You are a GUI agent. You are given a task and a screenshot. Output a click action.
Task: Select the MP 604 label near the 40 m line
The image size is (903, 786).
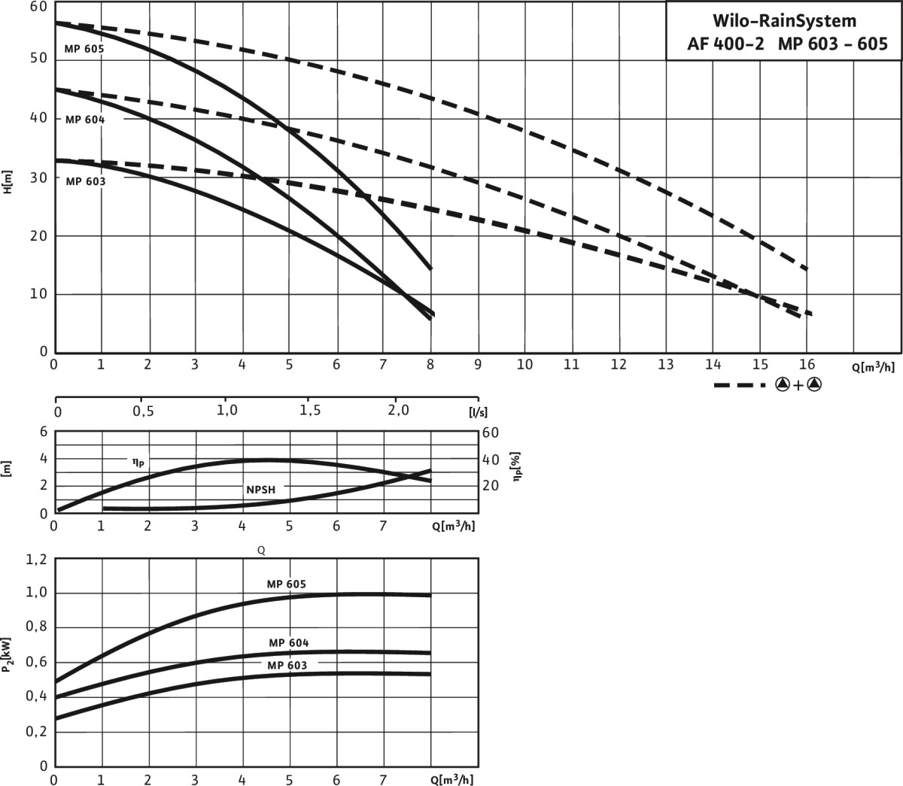click(84, 120)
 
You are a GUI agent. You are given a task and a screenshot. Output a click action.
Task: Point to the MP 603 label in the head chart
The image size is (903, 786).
click(85, 181)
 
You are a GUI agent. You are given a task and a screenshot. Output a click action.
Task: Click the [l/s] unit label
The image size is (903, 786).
click(476, 412)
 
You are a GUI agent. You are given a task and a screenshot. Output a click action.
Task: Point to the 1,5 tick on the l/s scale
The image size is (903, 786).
click(310, 411)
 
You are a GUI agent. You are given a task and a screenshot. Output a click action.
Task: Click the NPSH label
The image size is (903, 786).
click(261, 490)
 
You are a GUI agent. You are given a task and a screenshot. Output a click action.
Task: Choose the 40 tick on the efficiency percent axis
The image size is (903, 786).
click(491, 459)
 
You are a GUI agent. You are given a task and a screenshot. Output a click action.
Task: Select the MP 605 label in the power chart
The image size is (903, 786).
click(286, 584)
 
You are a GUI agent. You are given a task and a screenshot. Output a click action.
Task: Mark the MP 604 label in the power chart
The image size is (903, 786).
click(289, 643)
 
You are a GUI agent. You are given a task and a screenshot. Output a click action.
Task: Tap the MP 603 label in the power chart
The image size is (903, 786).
click(287, 666)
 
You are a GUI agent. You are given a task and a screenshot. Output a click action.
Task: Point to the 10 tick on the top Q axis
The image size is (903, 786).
click(524, 365)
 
